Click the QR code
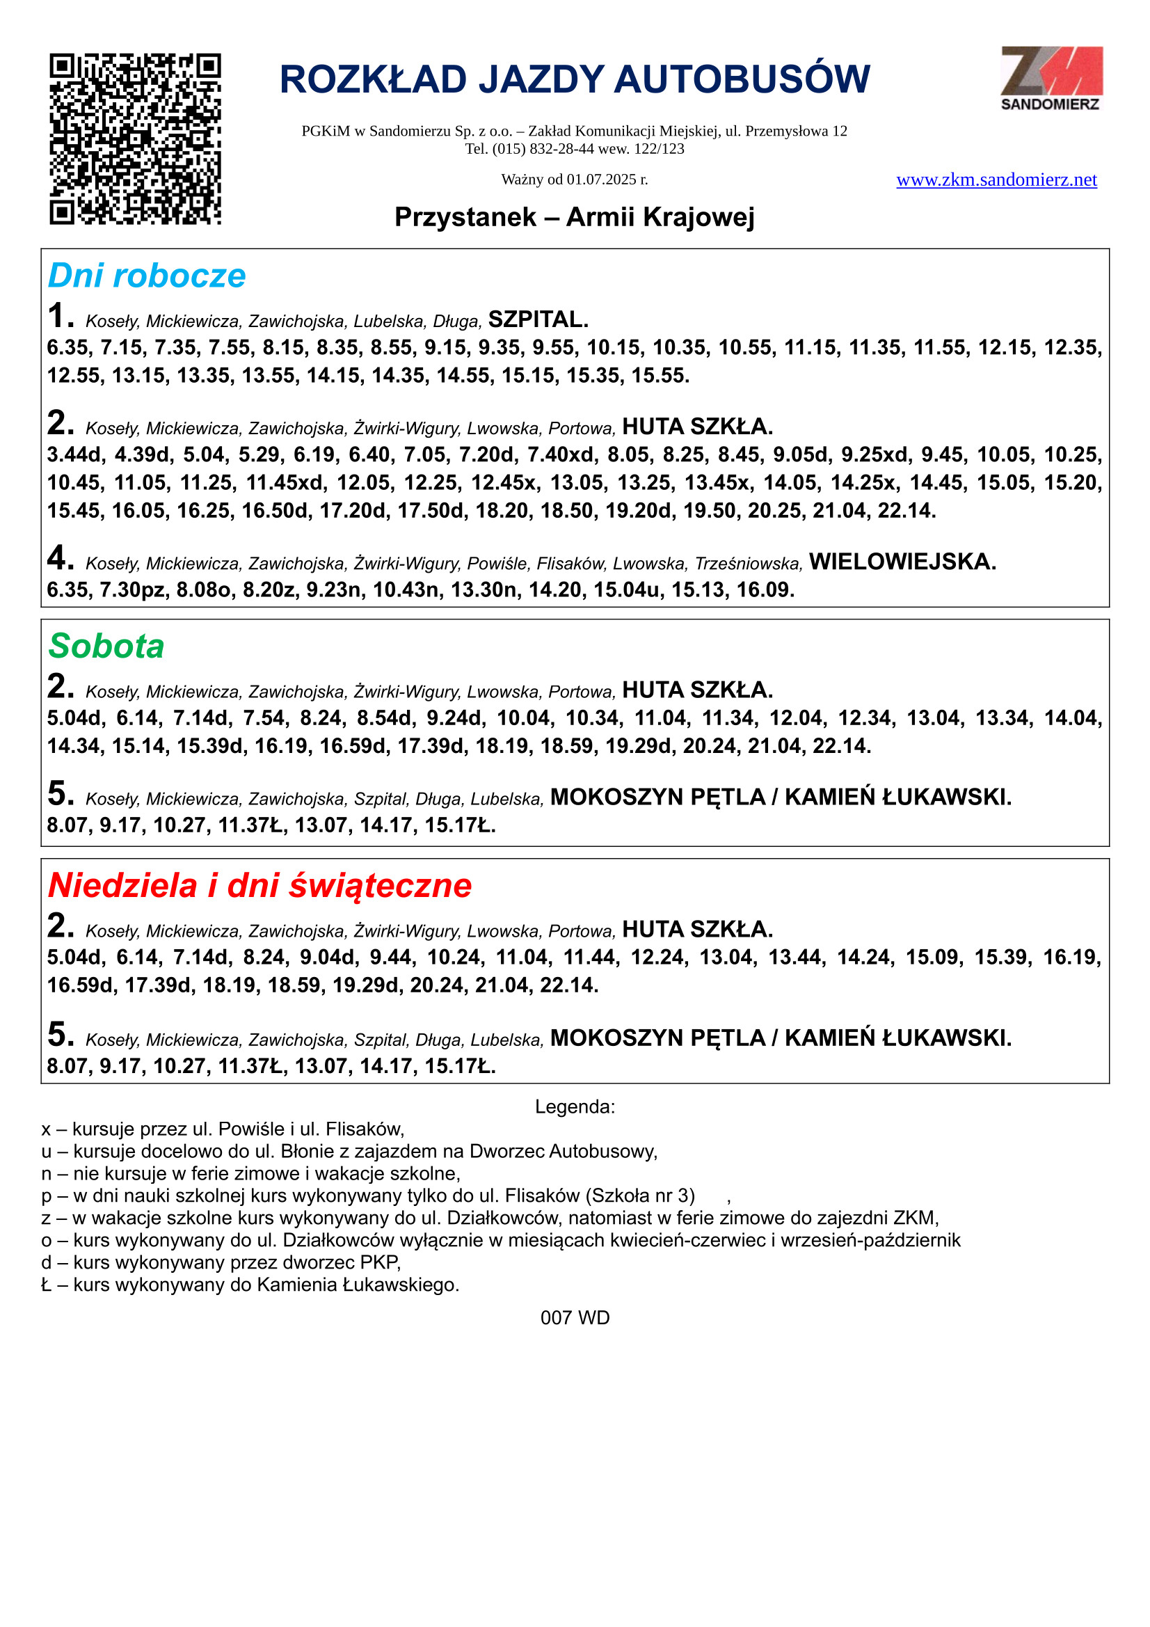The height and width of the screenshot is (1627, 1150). point(135,139)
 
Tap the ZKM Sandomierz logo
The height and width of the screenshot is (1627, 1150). point(1051,78)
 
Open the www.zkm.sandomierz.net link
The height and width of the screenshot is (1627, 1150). point(996,180)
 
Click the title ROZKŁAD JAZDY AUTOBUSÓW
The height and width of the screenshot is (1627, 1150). point(575,79)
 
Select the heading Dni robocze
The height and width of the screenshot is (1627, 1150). point(147,276)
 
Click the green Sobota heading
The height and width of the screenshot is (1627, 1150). point(106,646)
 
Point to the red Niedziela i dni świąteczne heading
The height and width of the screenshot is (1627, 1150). point(259,886)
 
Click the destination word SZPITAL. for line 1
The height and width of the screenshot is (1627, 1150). point(538,319)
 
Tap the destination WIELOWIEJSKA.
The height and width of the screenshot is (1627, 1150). point(902,562)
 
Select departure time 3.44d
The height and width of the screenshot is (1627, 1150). point(75,455)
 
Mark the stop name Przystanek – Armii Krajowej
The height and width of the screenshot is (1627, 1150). point(575,218)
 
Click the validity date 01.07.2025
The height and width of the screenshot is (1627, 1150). point(601,180)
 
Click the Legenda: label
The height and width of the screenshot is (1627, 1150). point(575,1107)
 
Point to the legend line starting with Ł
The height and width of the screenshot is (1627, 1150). point(250,1285)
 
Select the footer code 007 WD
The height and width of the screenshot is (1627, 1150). point(575,1318)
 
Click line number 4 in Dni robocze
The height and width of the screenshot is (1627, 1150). point(60,558)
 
